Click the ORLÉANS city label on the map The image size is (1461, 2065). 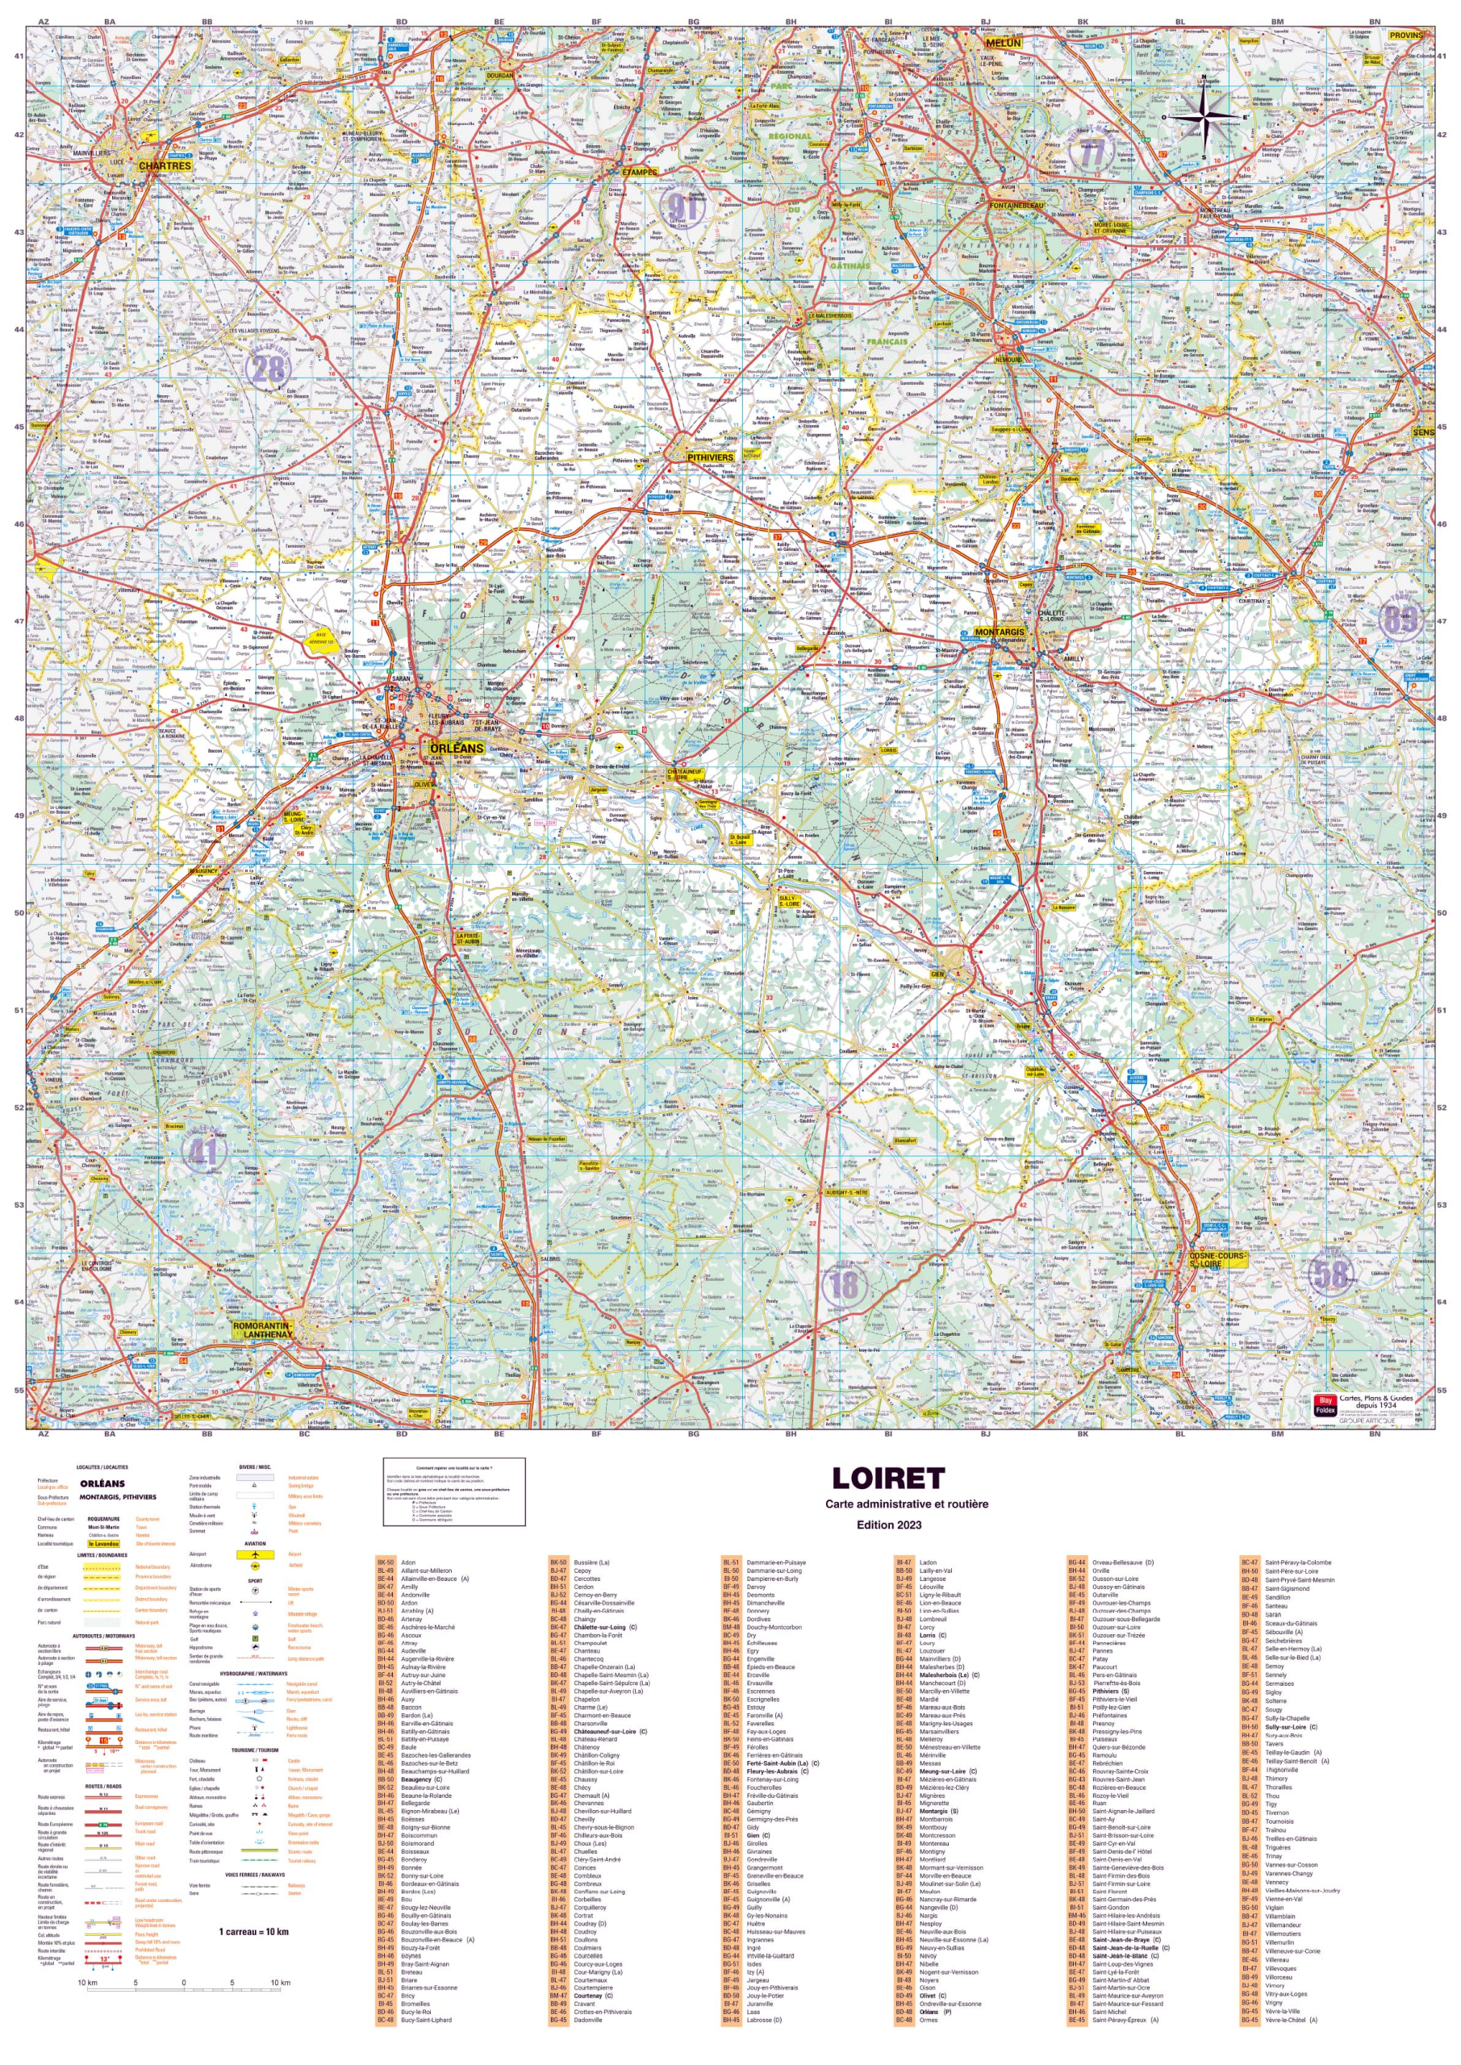point(456,749)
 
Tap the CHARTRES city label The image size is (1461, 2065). point(165,165)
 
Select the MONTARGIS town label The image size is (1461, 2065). point(1000,632)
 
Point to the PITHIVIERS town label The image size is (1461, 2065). point(710,457)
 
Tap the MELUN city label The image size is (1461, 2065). point(1003,44)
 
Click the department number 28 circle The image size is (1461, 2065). point(268,368)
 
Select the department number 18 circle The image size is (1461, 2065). point(843,1284)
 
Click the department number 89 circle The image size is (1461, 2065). point(1400,619)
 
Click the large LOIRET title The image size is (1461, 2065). point(888,1479)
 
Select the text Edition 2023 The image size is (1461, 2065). point(889,1525)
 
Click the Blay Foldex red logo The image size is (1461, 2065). point(1323,1406)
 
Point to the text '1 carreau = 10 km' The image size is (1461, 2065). point(253,1932)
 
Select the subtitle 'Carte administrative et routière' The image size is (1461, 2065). point(906,1504)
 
